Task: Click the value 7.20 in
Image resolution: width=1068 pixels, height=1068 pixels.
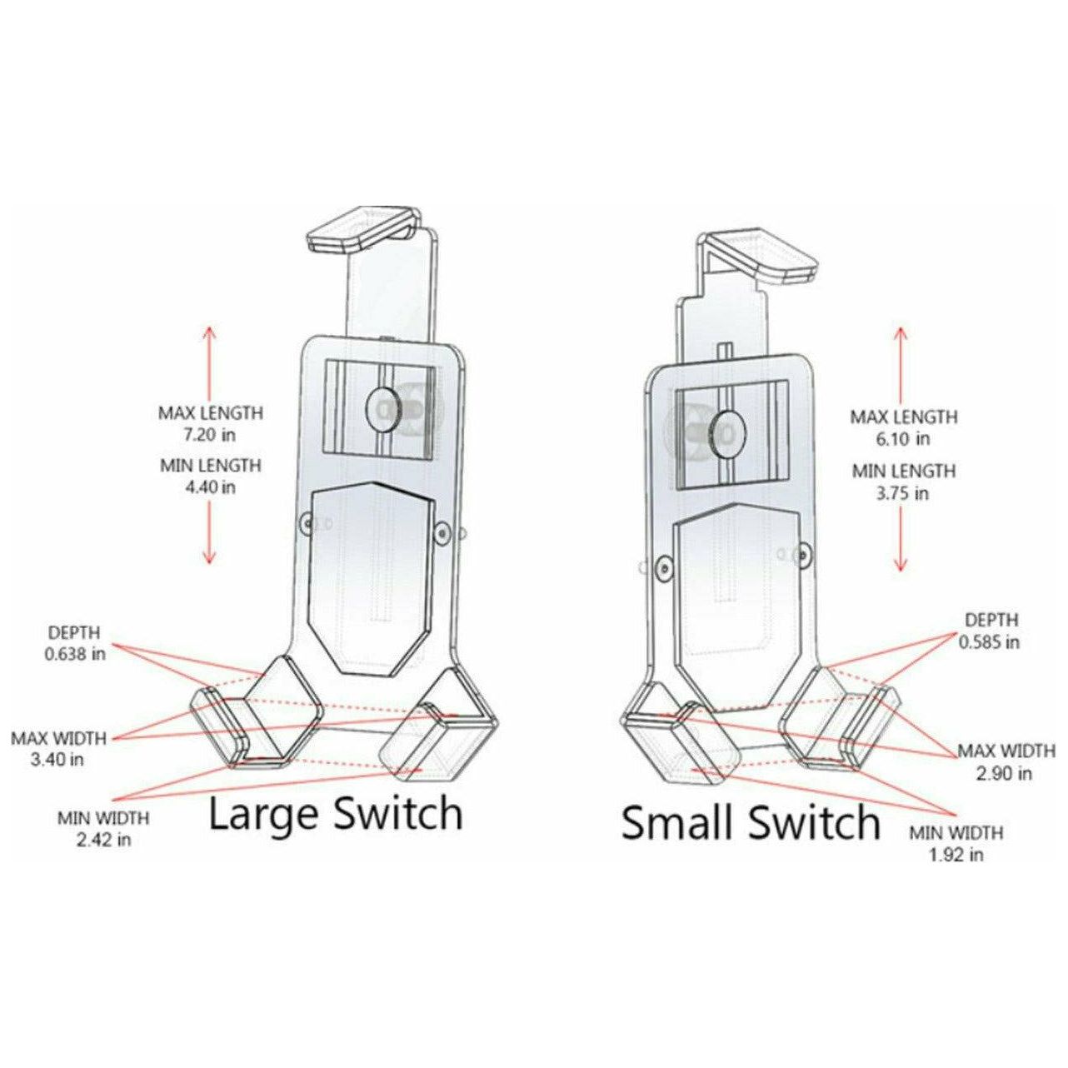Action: coord(211,433)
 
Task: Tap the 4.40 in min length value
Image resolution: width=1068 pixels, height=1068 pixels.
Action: coord(211,487)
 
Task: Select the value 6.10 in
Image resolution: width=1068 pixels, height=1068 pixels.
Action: coord(903,438)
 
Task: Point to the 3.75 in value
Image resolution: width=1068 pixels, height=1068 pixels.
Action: coord(903,492)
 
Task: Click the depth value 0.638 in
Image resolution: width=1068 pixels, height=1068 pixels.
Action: coord(75,654)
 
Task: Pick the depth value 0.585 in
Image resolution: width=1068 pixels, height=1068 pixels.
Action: coord(989,642)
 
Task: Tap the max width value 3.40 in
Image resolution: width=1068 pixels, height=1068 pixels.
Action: coord(58,760)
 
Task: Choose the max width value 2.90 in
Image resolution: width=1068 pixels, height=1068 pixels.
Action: coord(1005,773)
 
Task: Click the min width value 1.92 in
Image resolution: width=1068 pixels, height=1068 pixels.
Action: coord(956,854)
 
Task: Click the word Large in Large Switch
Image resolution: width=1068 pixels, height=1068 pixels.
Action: coord(265,814)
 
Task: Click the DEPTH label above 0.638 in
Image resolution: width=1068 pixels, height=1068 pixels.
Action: coord(73,633)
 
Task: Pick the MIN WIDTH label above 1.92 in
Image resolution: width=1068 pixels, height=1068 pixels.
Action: coord(956,833)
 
